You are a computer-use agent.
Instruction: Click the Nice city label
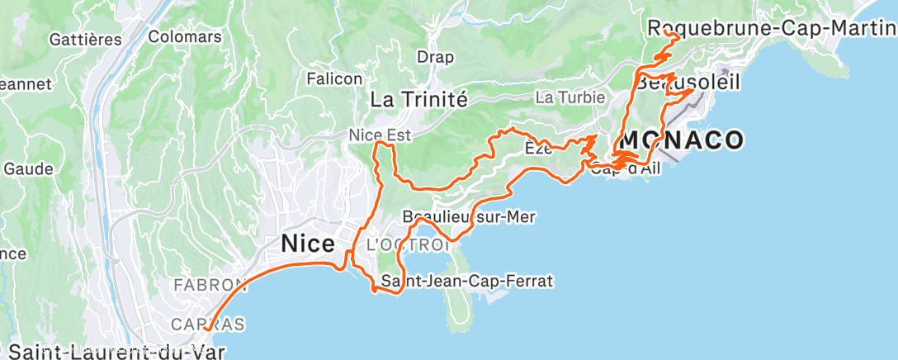tap(308, 244)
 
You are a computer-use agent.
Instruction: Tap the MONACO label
tap(682, 140)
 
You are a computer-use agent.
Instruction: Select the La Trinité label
tap(418, 100)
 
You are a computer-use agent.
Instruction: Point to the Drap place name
tap(436, 57)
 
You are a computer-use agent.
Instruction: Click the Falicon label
tap(334, 78)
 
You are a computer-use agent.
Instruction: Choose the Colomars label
tap(185, 36)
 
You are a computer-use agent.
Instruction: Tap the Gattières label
tap(86, 39)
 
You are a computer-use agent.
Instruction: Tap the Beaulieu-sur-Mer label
tap(468, 216)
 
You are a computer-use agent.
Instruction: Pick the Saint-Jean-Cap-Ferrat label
tap(466, 282)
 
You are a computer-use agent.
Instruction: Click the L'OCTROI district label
tap(408, 245)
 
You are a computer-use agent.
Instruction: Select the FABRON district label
tap(206, 285)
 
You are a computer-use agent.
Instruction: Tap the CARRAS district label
tap(207, 324)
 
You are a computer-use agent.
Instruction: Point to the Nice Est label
tap(380, 134)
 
